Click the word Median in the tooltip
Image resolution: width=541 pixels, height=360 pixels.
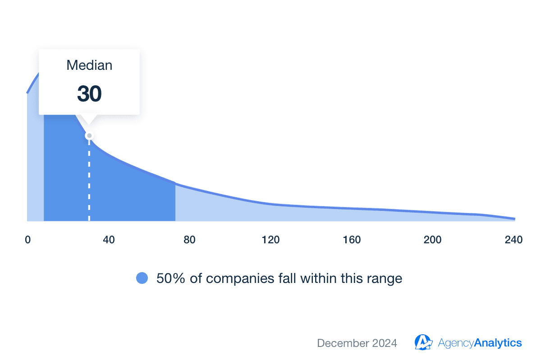[x=89, y=65]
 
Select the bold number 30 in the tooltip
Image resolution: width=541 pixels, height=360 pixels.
[x=89, y=94]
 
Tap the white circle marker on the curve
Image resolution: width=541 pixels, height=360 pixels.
[x=89, y=136]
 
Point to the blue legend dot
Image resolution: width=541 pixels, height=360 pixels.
[x=142, y=278]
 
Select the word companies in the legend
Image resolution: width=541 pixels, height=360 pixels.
[x=234, y=278]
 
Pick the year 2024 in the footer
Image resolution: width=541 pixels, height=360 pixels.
[x=385, y=343]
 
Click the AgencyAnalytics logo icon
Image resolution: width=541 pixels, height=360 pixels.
[x=424, y=342]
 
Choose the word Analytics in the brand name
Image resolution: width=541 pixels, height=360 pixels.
[x=498, y=343]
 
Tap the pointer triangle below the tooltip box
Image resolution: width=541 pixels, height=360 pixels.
[x=89, y=119]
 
